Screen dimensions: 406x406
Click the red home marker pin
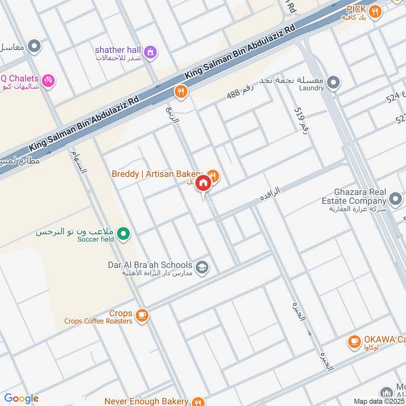click(203, 184)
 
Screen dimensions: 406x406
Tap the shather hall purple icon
click(150, 52)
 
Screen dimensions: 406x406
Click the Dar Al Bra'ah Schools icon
click(202, 267)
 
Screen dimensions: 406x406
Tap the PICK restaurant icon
click(375, 12)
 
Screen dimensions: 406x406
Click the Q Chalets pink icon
click(48, 81)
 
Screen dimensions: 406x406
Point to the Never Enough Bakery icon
click(198, 401)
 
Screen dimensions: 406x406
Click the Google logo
click(21, 398)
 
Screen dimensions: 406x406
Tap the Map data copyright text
click(379, 401)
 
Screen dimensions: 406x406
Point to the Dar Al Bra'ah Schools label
click(150, 265)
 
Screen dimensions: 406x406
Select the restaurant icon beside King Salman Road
click(180, 92)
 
